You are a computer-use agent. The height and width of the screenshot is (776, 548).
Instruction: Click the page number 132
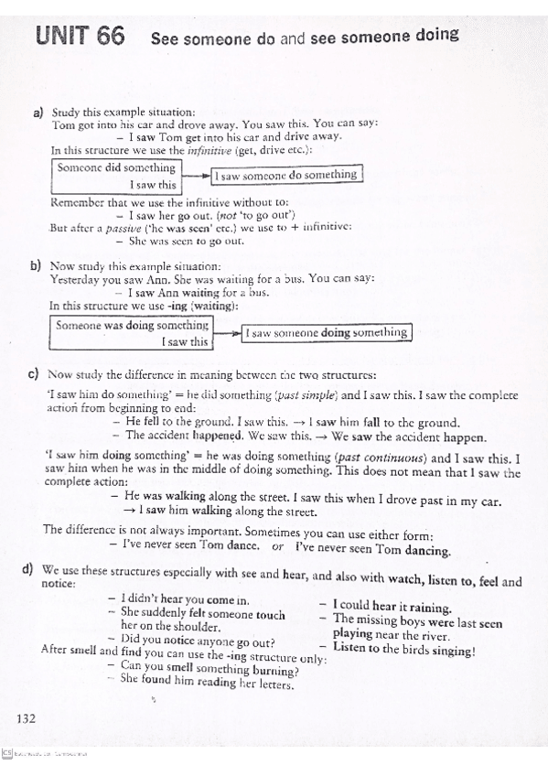click(x=26, y=717)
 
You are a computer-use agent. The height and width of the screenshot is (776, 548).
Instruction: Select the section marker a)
click(x=38, y=113)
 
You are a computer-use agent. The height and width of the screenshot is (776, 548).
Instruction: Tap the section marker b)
click(x=37, y=265)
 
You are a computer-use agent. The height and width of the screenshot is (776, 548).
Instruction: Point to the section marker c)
click(x=33, y=374)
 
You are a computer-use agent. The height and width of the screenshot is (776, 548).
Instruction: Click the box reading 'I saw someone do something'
click(x=287, y=175)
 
